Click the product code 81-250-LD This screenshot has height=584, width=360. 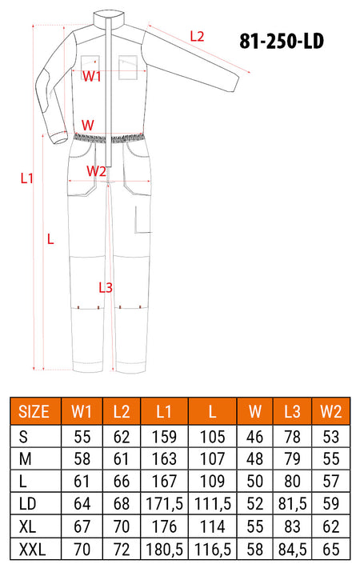[x=282, y=41]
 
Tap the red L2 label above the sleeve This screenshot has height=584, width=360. [x=197, y=37]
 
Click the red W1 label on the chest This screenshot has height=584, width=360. [x=91, y=76]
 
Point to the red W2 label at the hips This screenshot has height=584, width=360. [x=96, y=171]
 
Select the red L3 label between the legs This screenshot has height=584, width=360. [x=106, y=287]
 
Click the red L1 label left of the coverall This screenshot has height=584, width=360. [x=27, y=178]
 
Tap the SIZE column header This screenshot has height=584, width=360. [x=34, y=412]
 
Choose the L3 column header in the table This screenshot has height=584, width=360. [x=292, y=412]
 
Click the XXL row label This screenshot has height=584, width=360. [x=32, y=550]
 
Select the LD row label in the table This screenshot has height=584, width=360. [x=27, y=504]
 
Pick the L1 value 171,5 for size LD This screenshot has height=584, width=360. [x=164, y=504]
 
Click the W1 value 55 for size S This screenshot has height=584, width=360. [x=82, y=437]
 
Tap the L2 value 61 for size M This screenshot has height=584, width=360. [x=122, y=459]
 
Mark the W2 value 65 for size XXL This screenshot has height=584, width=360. [x=331, y=550]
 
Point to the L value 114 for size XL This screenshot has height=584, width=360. [x=213, y=526]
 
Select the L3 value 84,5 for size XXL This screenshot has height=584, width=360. [x=293, y=550]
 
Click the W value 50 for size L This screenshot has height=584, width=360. [x=255, y=482]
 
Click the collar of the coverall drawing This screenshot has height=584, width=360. [x=108, y=18]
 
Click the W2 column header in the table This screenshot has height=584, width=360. [x=331, y=412]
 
